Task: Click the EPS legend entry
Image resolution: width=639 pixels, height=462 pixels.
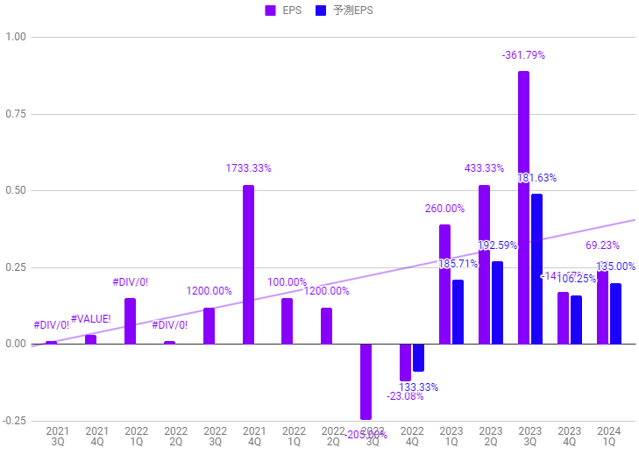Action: click(285, 11)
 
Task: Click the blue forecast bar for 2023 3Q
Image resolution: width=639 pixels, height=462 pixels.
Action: click(536, 268)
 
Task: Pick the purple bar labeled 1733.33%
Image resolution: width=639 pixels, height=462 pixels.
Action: click(249, 264)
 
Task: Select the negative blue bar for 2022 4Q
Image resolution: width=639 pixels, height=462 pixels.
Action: click(418, 358)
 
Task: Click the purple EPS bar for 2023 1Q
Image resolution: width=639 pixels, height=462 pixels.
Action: click(444, 284)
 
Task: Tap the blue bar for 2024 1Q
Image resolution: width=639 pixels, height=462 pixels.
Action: click(615, 313)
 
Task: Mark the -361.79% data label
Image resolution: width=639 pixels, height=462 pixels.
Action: click(523, 55)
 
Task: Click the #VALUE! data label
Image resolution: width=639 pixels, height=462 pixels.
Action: click(91, 318)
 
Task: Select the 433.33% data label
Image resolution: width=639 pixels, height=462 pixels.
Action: click(484, 168)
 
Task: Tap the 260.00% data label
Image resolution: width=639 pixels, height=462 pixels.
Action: click(444, 209)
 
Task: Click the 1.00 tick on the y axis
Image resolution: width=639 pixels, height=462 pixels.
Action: click(16, 38)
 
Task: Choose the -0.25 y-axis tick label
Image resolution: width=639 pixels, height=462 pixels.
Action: click(15, 421)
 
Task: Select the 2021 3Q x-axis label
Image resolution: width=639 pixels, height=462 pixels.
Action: click(57, 437)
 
